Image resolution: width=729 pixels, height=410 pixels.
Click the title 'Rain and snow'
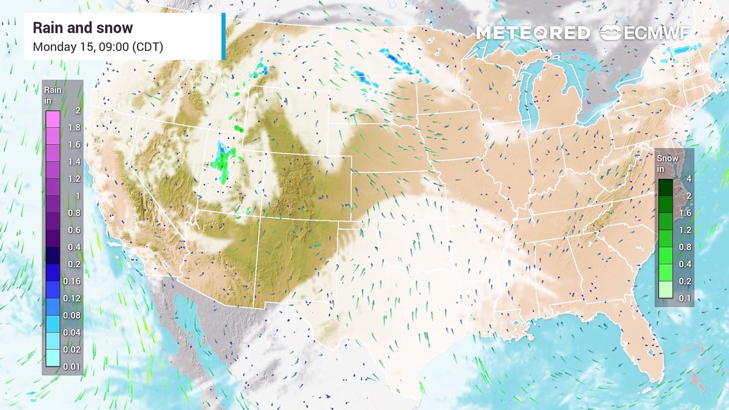(83, 28)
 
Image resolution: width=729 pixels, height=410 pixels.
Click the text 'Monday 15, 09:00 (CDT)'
(98, 47)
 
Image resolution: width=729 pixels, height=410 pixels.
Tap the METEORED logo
(533, 33)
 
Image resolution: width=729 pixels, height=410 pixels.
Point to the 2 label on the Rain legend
(77, 110)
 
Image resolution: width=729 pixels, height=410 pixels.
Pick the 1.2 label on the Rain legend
(74, 179)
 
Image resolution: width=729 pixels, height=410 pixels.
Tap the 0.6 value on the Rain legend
(74, 230)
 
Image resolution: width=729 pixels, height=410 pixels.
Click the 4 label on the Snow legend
(689, 179)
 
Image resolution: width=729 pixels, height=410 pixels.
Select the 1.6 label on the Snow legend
(685, 213)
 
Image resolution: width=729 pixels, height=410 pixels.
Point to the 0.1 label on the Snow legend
(685, 298)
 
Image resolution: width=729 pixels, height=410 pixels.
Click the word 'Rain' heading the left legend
(54, 90)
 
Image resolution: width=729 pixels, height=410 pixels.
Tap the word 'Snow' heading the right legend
(667, 158)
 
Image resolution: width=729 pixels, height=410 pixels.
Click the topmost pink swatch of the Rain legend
(53, 119)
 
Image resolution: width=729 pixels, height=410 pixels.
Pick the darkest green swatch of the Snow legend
(666, 187)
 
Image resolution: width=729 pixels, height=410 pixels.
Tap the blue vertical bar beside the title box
(223, 36)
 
